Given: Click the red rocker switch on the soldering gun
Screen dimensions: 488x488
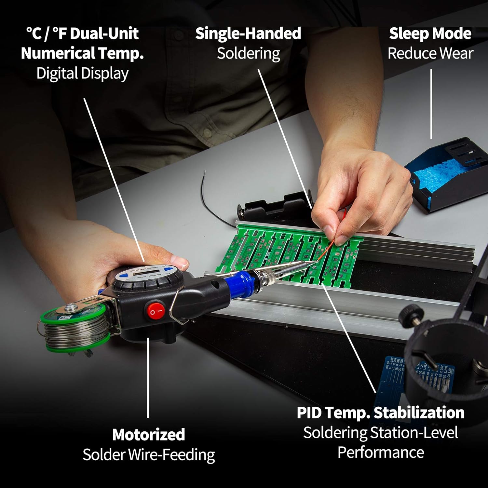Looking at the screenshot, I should pyautogui.click(x=156, y=310).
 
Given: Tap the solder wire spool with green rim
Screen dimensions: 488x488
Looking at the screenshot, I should pyautogui.click(x=75, y=330).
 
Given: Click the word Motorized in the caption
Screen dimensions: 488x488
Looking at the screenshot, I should pyautogui.click(x=149, y=435).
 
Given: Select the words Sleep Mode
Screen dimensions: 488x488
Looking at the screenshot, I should pyautogui.click(x=430, y=34).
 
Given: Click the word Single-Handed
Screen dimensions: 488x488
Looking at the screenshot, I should pyautogui.click(x=248, y=34).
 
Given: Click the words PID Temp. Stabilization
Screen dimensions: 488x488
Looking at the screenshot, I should pyautogui.click(x=380, y=413).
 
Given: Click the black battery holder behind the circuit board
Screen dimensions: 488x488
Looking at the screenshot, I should pyautogui.click(x=273, y=208).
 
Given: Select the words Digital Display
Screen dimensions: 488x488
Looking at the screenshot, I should pyautogui.click(x=82, y=73).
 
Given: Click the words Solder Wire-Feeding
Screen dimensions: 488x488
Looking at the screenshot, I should pyautogui.click(x=149, y=454).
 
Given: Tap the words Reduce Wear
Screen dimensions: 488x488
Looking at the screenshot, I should pyautogui.click(x=430, y=53).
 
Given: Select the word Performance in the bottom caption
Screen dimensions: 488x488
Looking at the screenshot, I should pyautogui.click(x=380, y=452).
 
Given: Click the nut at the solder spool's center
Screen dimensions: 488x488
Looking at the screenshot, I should pyautogui.click(x=69, y=307).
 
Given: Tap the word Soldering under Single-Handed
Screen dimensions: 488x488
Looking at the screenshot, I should pyautogui.click(x=248, y=53).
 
